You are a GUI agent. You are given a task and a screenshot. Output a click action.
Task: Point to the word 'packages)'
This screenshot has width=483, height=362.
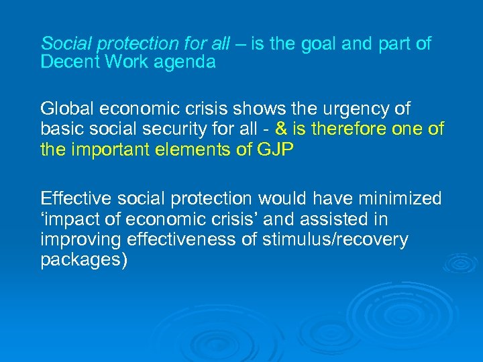click(x=84, y=260)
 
